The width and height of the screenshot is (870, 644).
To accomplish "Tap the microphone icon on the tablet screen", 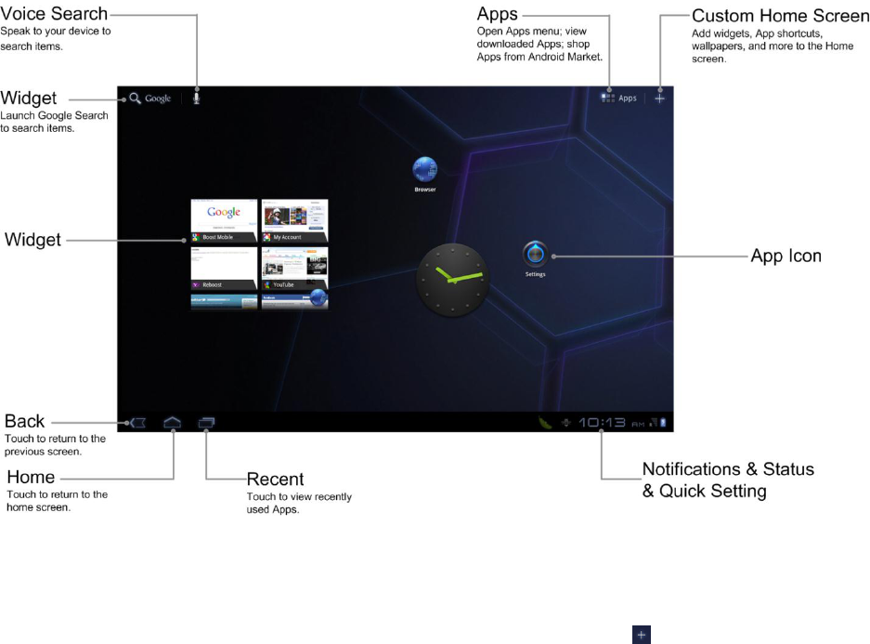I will click(x=196, y=97).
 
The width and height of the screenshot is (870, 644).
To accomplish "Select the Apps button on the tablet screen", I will click(x=619, y=97).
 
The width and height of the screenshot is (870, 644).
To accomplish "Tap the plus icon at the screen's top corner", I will click(x=659, y=97).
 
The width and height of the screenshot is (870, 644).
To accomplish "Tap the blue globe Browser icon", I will click(x=425, y=170).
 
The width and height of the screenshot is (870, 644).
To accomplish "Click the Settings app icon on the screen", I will click(x=536, y=254).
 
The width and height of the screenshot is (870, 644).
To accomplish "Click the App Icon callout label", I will click(x=786, y=256).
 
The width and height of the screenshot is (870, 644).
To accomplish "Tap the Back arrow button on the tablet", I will click(x=137, y=422).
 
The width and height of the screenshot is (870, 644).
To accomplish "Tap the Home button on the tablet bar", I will click(x=173, y=422).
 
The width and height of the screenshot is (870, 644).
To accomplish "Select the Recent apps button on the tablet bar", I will click(x=206, y=422).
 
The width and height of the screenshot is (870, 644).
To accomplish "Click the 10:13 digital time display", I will click(x=602, y=423).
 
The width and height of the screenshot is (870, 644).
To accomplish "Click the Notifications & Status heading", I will click(x=728, y=469).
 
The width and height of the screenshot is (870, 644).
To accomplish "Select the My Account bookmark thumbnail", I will click(x=294, y=220).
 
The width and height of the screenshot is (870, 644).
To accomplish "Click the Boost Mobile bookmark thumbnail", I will click(x=224, y=220).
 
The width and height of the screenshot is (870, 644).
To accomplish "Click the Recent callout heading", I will click(x=275, y=480).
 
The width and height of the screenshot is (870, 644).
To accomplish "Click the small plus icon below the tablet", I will click(x=640, y=634).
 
